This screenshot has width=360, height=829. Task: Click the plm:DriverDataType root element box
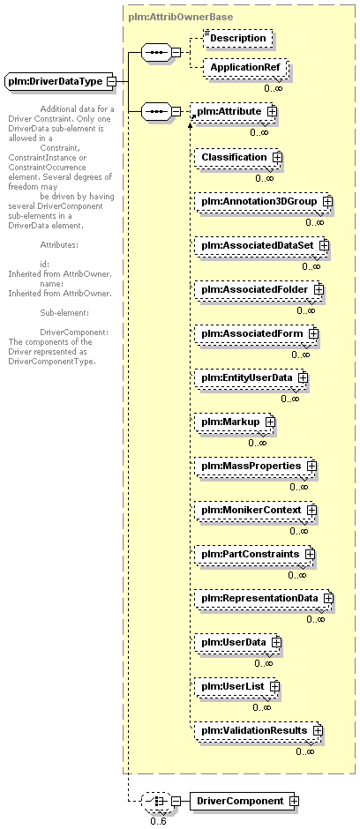click(x=61, y=82)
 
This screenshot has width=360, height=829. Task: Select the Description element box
click(x=238, y=39)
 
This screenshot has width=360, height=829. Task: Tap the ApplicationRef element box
click(x=245, y=68)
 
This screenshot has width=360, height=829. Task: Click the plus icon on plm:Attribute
click(x=273, y=111)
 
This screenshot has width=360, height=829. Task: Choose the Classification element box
click(x=238, y=158)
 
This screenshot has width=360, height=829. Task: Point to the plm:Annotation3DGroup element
click(x=263, y=202)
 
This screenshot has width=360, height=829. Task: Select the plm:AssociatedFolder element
click(x=259, y=290)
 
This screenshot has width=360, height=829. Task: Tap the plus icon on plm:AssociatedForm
click(x=313, y=334)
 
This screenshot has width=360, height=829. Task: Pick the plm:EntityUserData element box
click(x=251, y=378)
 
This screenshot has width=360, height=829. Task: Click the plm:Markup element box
click(x=234, y=422)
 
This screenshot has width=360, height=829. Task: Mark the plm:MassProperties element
click(x=255, y=467)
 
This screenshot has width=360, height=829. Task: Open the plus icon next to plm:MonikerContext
click(x=311, y=511)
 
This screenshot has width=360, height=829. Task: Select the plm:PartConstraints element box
click(x=254, y=555)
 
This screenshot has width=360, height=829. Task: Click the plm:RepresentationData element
click(x=264, y=599)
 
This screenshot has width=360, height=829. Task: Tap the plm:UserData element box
click(x=237, y=642)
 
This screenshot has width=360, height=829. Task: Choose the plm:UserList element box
click(x=236, y=686)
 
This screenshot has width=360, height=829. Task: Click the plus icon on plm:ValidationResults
click(x=318, y=730)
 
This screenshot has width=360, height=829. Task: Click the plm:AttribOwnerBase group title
click(x=180, y=17)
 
